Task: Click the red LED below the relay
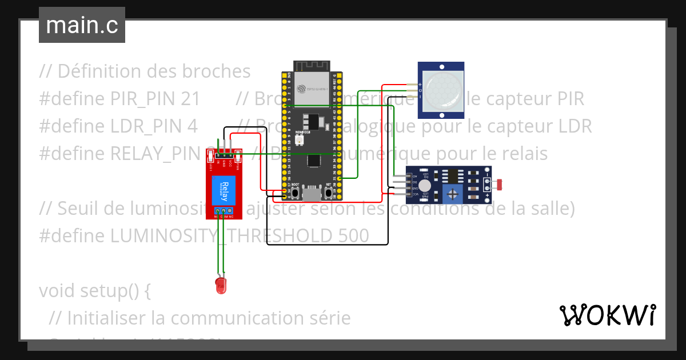pyautogui.click(x=221, y=286)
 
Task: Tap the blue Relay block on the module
pyautogui.click(x=224, y=190)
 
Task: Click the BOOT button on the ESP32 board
pyautogui.click(x=296, y=193)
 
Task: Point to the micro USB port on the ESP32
pyautogui.click(x=312, y=194)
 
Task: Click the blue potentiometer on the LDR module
pyautogui.click(x=453, y=194)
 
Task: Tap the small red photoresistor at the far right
pyautogui.click(x=500, y=185)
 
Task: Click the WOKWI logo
pyautogui.click(x=607, y=315)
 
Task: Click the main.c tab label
pyautogui.click(x=82, y=26)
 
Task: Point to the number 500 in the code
pyautogui.click(x=351, y=235)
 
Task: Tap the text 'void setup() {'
pyautogui.click(x=95, y=290)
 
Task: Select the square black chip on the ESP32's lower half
pyautogui.click(x=313, y=161)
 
